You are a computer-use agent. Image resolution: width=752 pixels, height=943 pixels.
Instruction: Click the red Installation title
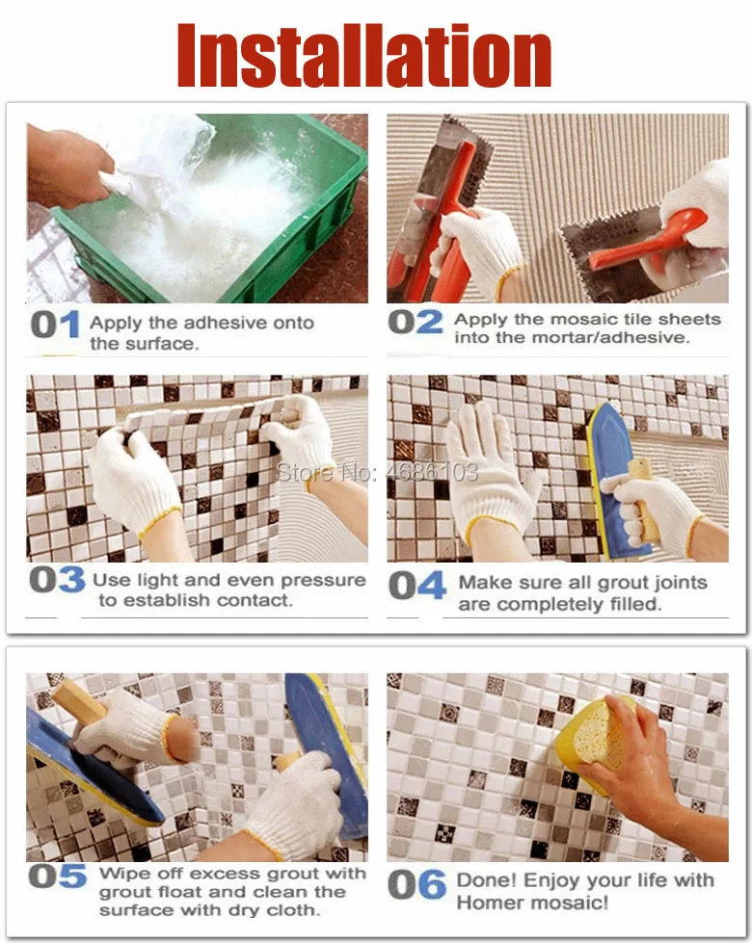coord(364,55)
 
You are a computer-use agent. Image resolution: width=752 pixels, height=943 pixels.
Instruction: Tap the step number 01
coord(55,325)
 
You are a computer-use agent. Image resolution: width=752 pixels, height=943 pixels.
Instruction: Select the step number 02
coord(416,322)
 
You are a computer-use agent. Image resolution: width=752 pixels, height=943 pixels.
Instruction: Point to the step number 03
coord(57,580)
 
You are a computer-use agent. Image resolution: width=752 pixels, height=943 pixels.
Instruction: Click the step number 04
coord(417,586)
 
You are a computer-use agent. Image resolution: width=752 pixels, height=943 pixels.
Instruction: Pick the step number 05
coord(58,876)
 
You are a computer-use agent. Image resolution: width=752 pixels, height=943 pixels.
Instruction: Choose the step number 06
coord(416,885)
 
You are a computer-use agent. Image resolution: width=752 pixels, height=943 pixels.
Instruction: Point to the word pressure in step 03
coord(323,581)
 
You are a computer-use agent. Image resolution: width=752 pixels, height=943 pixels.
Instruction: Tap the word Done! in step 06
coord(487,879)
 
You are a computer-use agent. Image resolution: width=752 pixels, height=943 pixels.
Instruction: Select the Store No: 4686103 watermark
coord(377,472)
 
